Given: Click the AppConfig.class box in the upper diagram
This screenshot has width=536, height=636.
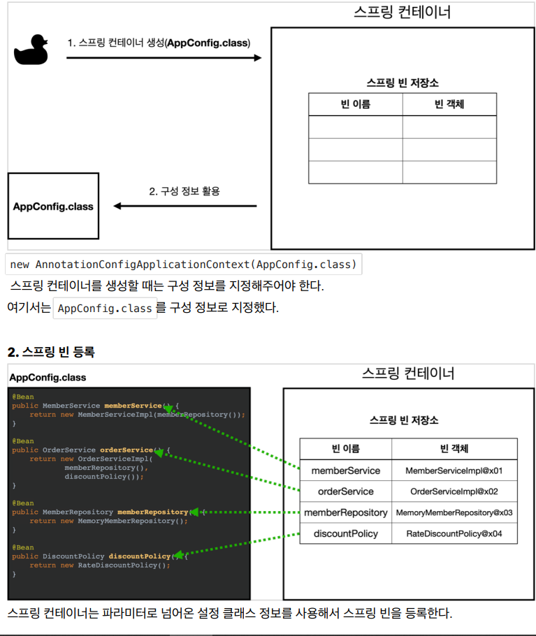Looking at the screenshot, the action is [53, 206].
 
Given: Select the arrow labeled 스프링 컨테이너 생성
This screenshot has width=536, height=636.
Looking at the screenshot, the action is [164, 58].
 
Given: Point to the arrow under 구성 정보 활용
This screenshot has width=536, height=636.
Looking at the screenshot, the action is [185, 206].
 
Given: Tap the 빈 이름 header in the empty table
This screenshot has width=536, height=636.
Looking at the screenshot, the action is [356, 105].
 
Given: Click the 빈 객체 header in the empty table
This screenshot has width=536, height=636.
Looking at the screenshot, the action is [449, 105].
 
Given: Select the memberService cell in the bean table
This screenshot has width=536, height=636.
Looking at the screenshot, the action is [346, 471].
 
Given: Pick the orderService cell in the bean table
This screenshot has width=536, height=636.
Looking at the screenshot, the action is [346, 491].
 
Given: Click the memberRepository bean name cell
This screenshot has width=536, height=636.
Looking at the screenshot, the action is [346, 512].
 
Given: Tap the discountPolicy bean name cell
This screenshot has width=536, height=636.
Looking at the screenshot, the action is [346, 533].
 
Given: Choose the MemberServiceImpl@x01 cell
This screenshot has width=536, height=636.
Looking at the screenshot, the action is [454, 471].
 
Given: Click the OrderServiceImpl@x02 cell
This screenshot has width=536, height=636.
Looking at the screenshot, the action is [454, 491].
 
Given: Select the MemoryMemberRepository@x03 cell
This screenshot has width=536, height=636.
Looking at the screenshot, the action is [454, 512].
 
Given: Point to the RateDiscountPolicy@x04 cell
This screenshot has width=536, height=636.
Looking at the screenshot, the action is [454, 533].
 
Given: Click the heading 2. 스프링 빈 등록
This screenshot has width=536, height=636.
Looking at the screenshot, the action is [51, 352].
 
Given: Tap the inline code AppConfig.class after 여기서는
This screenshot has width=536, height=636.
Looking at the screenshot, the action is [106, 308].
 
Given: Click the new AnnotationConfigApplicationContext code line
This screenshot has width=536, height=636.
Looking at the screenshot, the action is [184, 265].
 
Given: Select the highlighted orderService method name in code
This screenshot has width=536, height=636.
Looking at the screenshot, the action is [126, 450].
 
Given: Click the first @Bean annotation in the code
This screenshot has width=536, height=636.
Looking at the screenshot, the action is [22, 397].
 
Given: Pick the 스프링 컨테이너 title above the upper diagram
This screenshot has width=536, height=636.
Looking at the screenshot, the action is [403, 12].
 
